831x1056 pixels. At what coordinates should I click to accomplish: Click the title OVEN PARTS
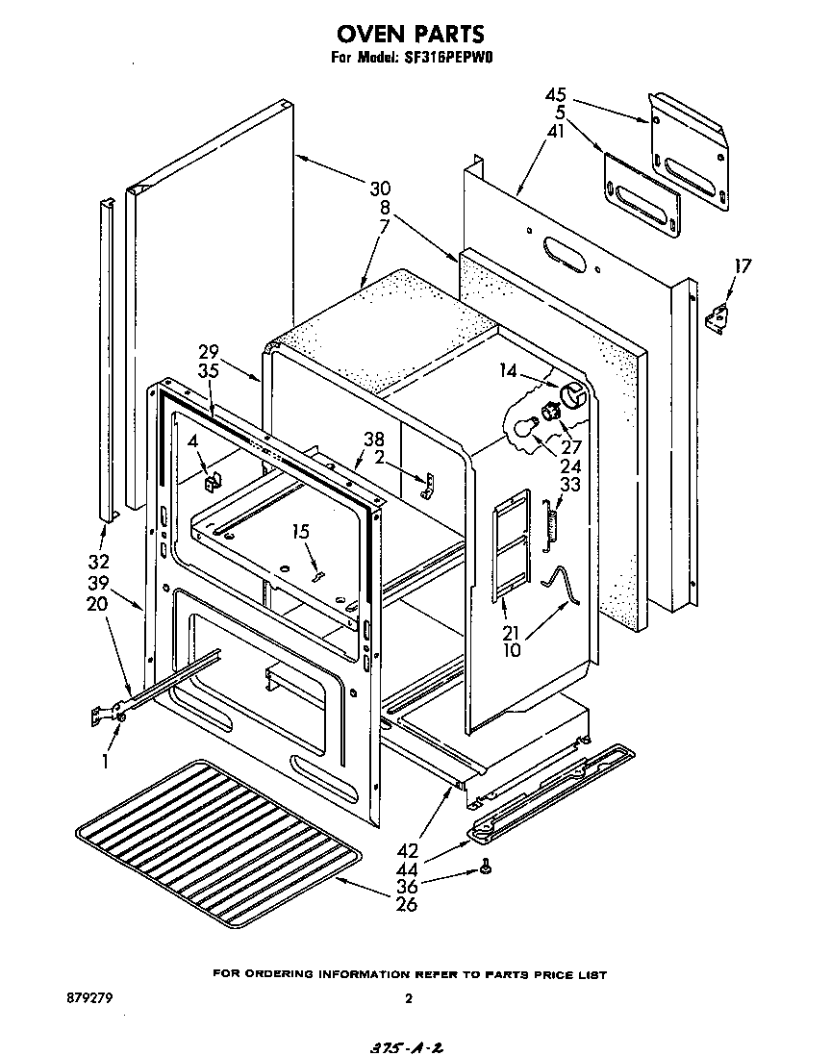[x=410, y=36]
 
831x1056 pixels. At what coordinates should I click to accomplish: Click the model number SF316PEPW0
[x=452, y=58]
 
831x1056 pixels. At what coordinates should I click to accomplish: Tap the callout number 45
[x=556, y=95]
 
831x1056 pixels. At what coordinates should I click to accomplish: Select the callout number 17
[x=742, y=266]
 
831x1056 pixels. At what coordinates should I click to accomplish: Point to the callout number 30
[x=380, y=188]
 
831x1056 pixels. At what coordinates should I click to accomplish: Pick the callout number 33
[x=569, y=486]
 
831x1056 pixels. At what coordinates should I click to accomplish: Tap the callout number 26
[x=407, y=904]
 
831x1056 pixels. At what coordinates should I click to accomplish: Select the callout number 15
[x=301, y=532]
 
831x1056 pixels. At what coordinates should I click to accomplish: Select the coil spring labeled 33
[x=551, y=525]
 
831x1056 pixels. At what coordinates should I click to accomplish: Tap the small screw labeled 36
[x=488, y=869]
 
